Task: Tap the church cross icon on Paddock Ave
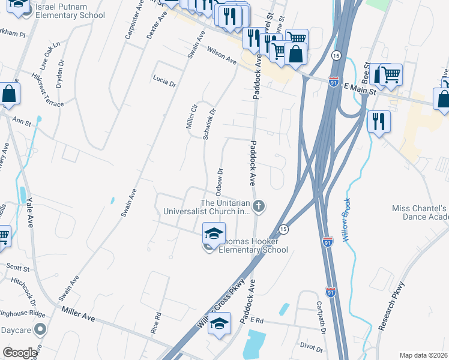tap(259, 207)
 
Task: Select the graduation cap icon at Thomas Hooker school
tap(214, 232)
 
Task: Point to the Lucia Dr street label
tap(164, 82)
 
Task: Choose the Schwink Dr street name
tap(209, 124)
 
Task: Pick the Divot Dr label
tap(312, 348)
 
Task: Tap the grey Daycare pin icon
tap(40, 329)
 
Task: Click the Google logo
tap(20, 353)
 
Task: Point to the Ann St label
tap(22, 122)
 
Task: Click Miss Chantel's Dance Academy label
tap(420, 212)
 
